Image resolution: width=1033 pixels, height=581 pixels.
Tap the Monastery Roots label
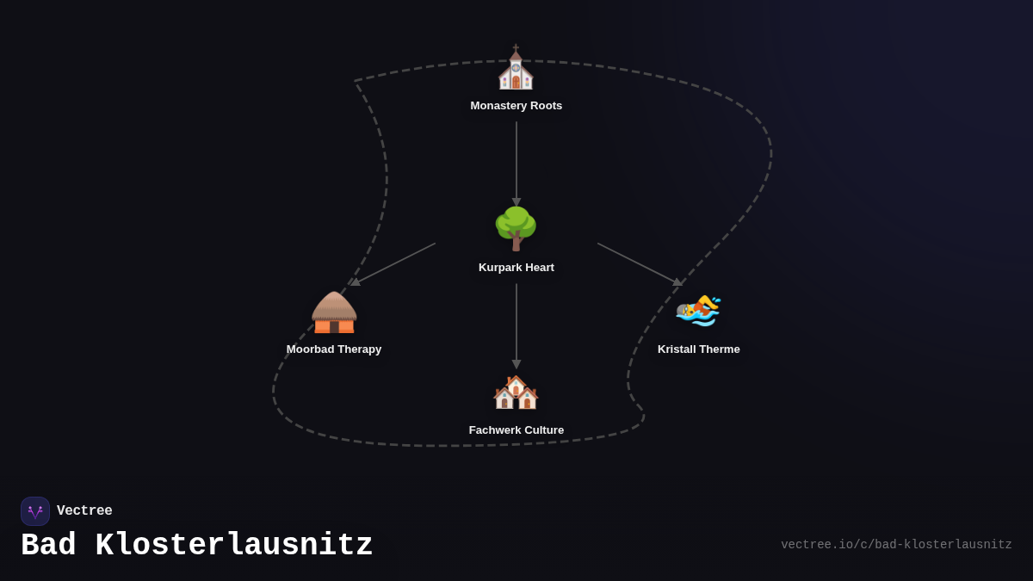click(x=516, y=106)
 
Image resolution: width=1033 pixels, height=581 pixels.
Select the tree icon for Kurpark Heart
click(x=516, y=228)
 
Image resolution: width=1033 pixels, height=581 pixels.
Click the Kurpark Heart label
click(x=516, y=268)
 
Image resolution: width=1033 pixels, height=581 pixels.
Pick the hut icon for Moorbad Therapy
click(x=334, y=312)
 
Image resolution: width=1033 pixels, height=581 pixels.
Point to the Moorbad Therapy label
click(x=334, y=349)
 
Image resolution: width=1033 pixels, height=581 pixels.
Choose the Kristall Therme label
click(x=699, y=349)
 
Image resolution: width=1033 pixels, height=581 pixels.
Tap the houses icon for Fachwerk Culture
click(x=516, y=392)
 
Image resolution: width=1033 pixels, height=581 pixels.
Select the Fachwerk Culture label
click(x=516, y=430)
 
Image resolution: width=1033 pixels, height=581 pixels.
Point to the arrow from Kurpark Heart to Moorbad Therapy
click(x=394, y=263)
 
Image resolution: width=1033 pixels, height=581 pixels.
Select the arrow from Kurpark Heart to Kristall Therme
click(x=639, y=263)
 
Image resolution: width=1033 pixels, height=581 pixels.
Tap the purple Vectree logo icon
click(x=35, y=511)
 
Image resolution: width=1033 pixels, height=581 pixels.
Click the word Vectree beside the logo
click(x=84, y=511)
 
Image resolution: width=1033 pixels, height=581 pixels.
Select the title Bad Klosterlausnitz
click(x=197, y=546)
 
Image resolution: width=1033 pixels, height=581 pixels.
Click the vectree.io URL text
click(x=896, y=545)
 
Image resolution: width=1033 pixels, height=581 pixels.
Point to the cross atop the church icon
click(x=516, y=47)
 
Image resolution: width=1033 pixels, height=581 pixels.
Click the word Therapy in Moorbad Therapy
click(x=359, y=349)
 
